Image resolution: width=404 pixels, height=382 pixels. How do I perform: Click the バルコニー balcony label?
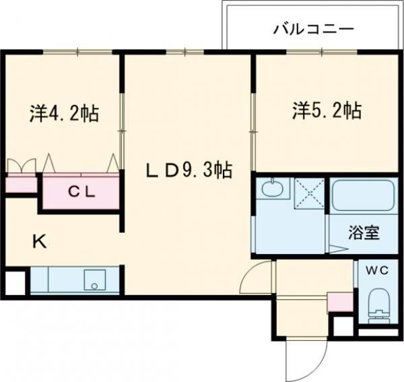313,30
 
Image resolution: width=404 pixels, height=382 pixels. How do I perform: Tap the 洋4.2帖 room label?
64,113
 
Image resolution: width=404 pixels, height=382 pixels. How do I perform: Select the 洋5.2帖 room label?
326,110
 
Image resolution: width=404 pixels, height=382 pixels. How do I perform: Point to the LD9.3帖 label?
189,171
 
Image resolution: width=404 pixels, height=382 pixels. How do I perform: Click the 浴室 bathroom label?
364,234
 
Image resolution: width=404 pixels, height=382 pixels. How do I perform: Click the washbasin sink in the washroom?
272,189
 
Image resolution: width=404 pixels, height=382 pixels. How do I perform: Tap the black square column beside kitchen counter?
14,281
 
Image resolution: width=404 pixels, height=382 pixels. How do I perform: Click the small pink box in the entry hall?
338,302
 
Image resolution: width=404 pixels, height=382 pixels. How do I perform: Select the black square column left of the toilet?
343,325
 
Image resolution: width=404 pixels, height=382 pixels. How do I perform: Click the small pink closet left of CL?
20,184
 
